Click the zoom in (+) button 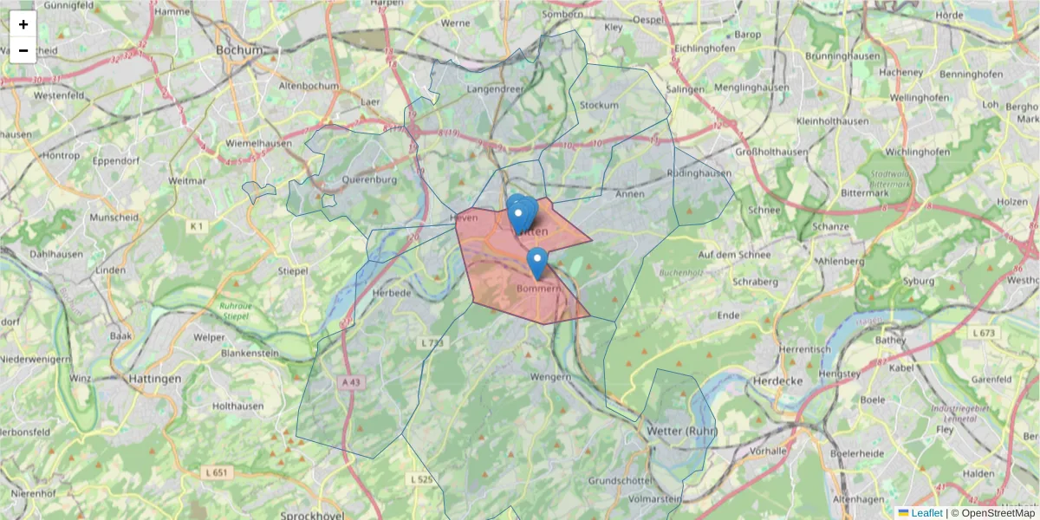tap(23, 24)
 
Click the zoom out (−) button tap(23, 50)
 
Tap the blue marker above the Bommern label tap(537, 263)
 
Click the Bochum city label tap(239, 50)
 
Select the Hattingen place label tap(154, 379)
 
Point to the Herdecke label tap(778, 380)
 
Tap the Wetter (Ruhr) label tap(682, 431)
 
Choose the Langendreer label tap(497, 88)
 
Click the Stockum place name tap(599, 106)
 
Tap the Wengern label tap(551, 377)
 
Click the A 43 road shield tap(351, 381)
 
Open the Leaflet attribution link tap(926, 513)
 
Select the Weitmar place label tap(188, 180)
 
